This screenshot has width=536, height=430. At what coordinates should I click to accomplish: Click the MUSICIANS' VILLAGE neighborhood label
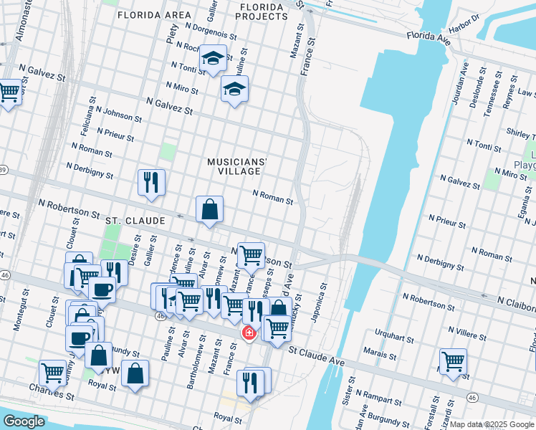click(236, 167)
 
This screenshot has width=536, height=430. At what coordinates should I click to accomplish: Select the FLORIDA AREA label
click(154, 15)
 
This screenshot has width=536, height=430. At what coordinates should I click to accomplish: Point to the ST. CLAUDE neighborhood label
click(135, 221)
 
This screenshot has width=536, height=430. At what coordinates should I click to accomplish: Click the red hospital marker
click(249, 333)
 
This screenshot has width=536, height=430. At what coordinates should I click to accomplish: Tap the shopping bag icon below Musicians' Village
click(209, 210)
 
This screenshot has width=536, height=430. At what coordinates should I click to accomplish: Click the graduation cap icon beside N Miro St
click(234, 90)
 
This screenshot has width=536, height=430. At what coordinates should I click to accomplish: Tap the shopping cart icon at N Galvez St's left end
click(9, 91)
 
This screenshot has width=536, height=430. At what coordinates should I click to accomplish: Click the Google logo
click(24, 421)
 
